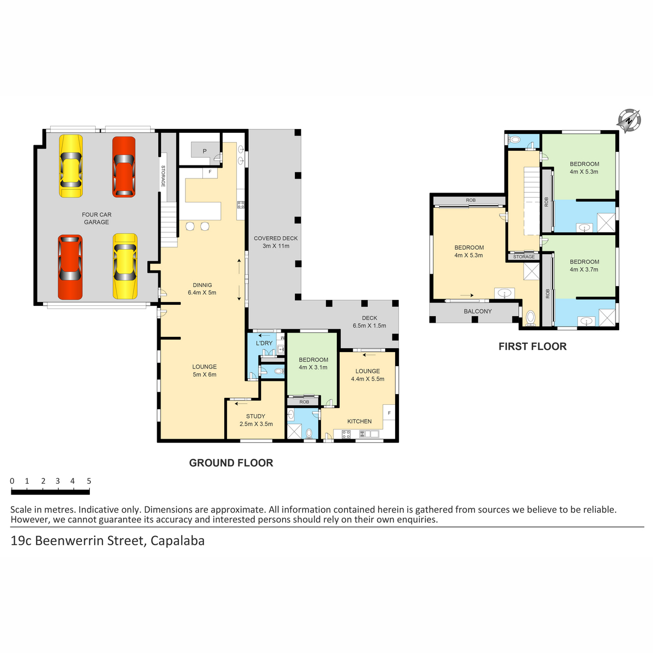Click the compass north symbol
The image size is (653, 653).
click(629, 120)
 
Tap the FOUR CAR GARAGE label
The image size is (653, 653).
click(96, 218)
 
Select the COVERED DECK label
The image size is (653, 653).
click(275, 238)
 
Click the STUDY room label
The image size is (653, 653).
click(256, 416)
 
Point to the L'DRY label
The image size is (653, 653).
click(264, 343)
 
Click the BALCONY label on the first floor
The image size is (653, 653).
click(477, 311)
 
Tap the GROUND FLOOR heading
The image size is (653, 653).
click(231, 463)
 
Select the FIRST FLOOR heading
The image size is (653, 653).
click(532, 346)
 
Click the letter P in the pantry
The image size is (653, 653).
click(205, 151)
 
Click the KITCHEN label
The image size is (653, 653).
click(359, 421)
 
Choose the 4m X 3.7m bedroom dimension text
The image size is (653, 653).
click(584, 269)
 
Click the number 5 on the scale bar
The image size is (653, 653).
click(89, 481)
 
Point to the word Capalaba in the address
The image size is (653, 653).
click(177, 540)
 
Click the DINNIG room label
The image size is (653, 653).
click(202, 285)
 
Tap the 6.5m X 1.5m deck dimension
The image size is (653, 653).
click(369, 325)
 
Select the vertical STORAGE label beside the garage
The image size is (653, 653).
click(163, 176)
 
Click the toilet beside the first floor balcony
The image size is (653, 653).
click(531, 318)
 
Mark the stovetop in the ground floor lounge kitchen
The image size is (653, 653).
click(346, 434)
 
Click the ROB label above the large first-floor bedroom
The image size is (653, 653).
click(471, 200)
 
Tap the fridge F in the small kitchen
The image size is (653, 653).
click(389, 413)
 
